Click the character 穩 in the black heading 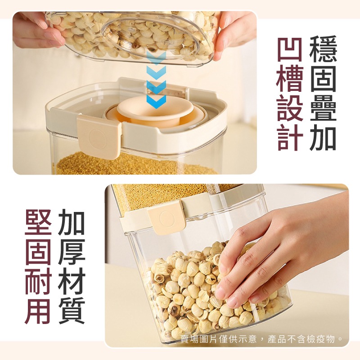[x=323, y=49]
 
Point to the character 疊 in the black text [x=323, y=108]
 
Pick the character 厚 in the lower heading [x=72, y=252]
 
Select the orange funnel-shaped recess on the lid [x=155, y=112]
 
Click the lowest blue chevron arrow [x=156, y=101]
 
